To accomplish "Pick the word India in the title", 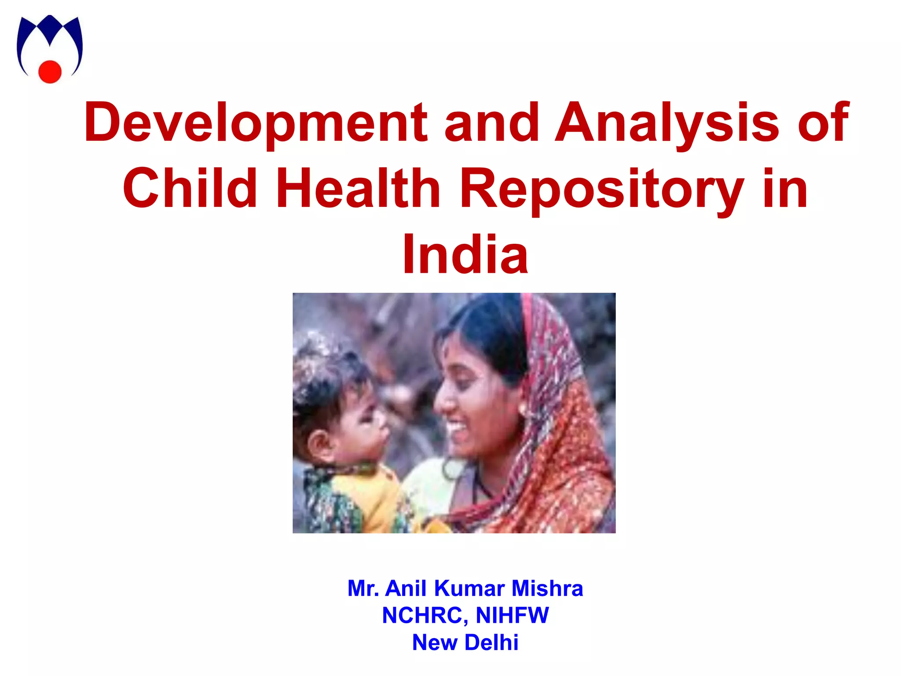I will (465, 255).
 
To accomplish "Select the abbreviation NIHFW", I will (512, 615).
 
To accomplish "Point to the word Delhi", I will (491, 642).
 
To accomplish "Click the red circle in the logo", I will (50, 71).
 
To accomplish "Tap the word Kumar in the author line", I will (469, 588).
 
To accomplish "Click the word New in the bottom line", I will (434, 642).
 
